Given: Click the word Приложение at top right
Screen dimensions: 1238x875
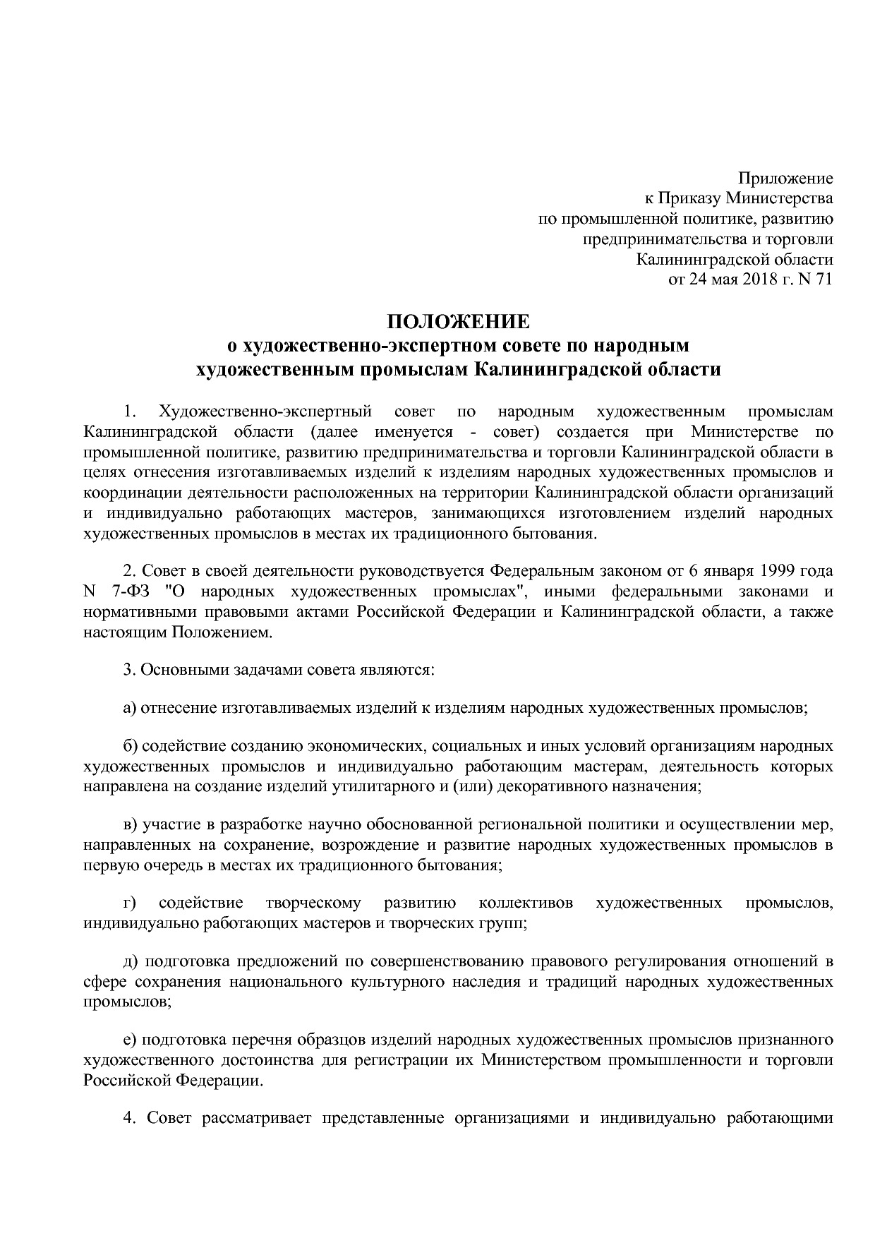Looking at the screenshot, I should [x=785, y=179].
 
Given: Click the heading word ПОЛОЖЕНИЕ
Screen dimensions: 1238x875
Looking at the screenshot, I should [x=457, y=322].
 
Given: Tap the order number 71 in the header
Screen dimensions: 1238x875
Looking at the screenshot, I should [x=824, y=279].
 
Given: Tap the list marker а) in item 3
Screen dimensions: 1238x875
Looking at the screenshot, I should [x=129, y=707].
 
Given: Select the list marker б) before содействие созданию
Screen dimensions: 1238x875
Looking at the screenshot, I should [x=129, y=746].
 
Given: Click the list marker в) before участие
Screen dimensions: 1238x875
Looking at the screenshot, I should [x=129, y=824].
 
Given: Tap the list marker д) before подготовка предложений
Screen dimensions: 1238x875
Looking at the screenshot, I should [x=129, y=961].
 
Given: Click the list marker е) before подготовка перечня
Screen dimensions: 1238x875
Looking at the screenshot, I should [x=129, y=1040].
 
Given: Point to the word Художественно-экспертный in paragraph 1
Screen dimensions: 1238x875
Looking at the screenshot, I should [x=265, y=411].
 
